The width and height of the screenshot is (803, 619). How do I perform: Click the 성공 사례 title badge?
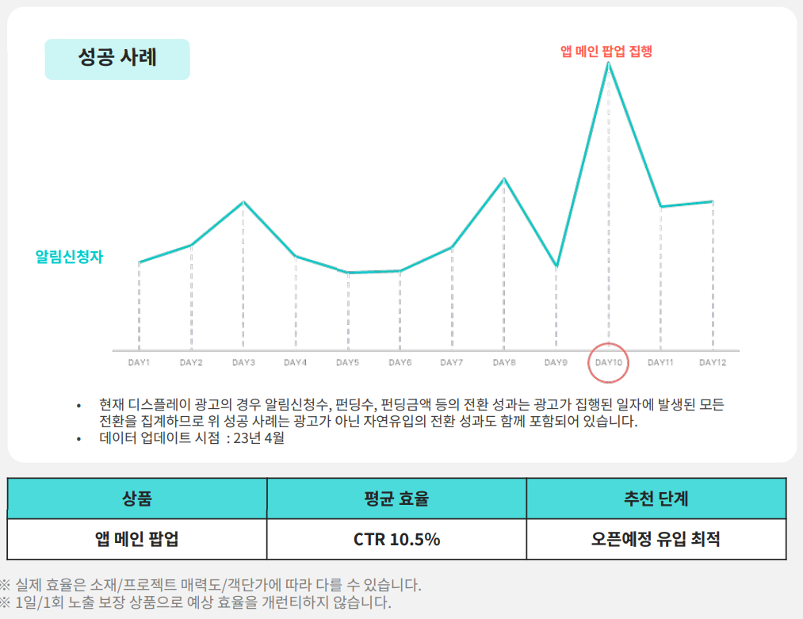[x=117, y=59]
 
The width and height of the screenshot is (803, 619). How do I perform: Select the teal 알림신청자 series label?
[x=69, y=257]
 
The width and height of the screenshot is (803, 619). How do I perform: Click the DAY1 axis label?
[x=139, y=363]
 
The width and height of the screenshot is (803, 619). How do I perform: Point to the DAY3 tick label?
[x=243, y=363]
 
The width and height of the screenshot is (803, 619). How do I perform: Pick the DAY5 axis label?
[x=347, y=363]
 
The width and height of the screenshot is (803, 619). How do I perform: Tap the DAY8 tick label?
[x=504, y=363]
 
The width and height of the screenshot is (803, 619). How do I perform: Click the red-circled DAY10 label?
[x=608, y=363]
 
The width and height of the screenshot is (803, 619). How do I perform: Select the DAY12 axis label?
[x=713, y=363]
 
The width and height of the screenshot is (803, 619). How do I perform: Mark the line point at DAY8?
[x=504, y=178]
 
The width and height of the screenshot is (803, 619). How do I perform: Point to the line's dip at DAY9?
[x=556, y=266]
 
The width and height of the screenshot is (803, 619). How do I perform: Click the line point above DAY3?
[x=243, y=202]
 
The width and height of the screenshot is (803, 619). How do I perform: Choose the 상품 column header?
[x=137, y=499]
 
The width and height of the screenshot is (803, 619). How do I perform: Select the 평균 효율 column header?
[x=396, y=499]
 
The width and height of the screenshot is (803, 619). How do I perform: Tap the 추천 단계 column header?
[x=656, y=499]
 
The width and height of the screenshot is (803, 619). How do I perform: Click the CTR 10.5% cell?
[x=396, y=540]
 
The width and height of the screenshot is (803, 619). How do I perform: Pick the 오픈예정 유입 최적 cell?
[x=656, y=540]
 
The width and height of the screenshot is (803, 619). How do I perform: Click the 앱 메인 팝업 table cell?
[x=137, y=540]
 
